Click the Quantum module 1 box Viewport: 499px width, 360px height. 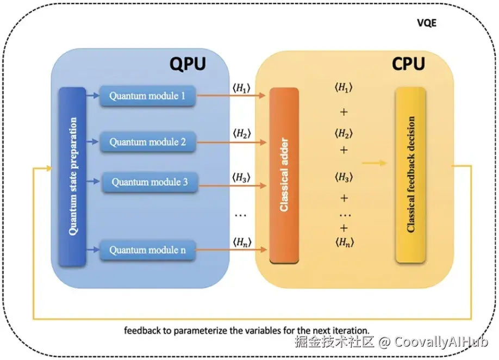pos(147,96)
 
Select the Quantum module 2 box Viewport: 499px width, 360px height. pos(147,142)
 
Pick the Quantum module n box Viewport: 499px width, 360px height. pos(147,251)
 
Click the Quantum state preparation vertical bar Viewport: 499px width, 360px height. pos(72,177)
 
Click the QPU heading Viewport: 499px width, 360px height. pos(188,64)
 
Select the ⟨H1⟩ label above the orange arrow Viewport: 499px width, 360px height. pos(241,88)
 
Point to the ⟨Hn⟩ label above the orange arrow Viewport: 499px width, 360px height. pos(241,241)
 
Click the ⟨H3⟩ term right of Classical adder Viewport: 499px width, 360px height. pos(344,177)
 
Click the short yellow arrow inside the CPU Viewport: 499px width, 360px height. pos(375,163)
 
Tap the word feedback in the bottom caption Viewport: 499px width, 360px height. pos(142,330)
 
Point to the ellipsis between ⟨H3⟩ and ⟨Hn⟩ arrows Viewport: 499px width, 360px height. pos(240,215)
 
